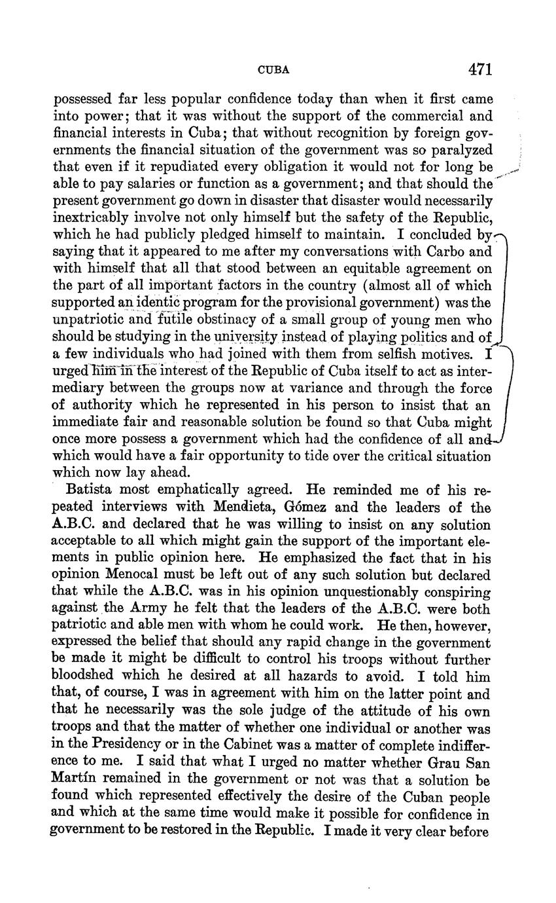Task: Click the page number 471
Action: (x=479, y=69)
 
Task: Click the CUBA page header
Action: (x=273, y=70)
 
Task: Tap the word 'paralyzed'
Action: (x=462, y=150)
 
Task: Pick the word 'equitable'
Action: (x=357, y=268)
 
